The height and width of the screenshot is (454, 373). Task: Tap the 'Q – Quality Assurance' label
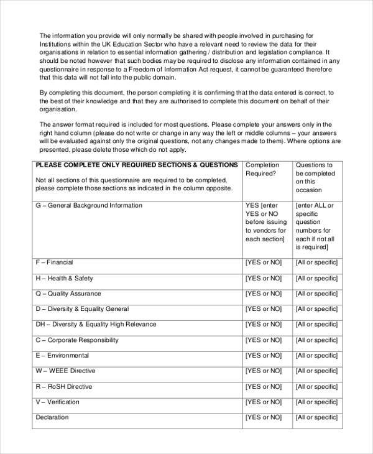[x=66, y=294]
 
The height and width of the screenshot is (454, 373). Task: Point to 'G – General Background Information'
[x=88, y=205]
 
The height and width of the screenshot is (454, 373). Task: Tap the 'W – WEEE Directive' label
[x=65, y=371]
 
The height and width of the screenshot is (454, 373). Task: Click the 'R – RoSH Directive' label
[x=63, y=387]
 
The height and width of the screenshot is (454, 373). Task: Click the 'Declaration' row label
[x=52, y=418]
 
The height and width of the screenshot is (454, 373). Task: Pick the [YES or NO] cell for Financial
[x=265, y=262]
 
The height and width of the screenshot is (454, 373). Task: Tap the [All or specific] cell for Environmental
[x=316, y=356]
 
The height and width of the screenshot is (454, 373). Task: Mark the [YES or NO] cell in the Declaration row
[x=265, y=418]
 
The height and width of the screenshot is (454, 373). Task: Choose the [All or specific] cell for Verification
[x=316, y=402]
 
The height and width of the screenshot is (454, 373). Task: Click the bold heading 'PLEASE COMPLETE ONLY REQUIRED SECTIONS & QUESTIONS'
[x=136, y=165]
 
